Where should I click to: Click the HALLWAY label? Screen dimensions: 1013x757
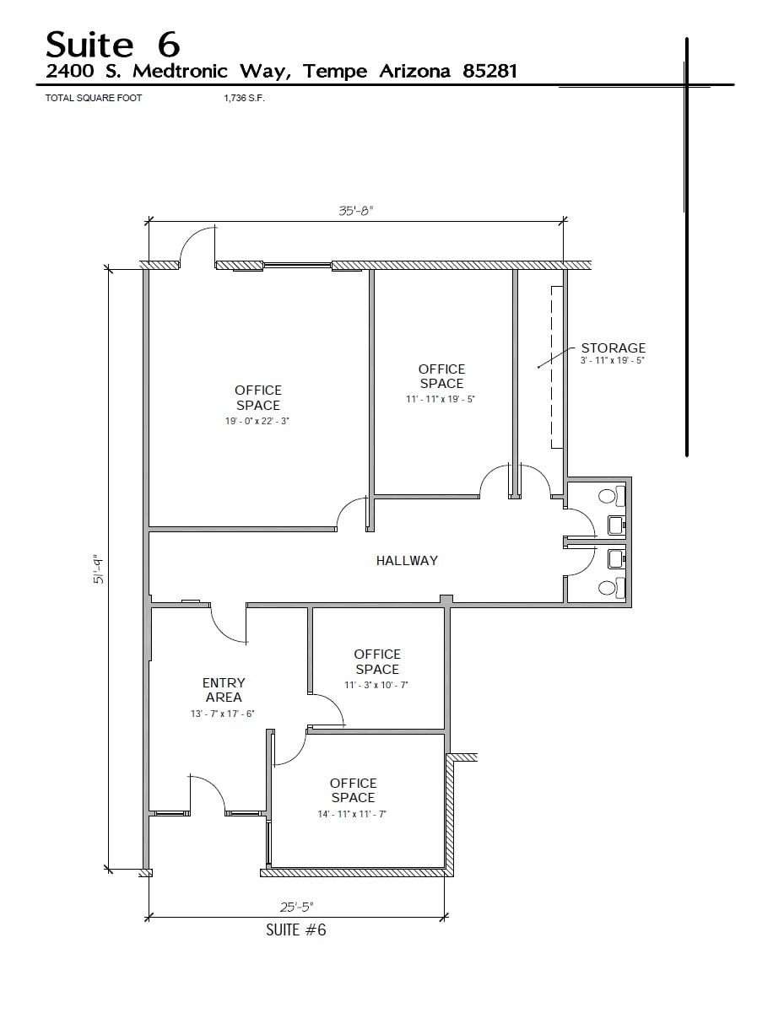[407, 560]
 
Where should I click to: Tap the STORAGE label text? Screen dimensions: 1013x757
[613, 348]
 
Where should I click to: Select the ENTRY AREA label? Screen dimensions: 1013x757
[224, 690]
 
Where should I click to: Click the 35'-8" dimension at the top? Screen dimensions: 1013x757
[355, 212]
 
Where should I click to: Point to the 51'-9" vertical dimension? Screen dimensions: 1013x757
[98, 568]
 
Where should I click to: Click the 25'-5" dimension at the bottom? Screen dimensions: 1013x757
[296, 907]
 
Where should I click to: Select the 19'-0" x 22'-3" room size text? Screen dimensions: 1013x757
[258, 420]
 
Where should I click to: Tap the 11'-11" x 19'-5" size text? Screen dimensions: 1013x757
[441, 399]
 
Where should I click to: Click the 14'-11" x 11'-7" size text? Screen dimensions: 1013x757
[353, 814]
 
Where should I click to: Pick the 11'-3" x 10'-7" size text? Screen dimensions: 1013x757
[376, 685]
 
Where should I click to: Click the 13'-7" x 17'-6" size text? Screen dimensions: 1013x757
[223, 714]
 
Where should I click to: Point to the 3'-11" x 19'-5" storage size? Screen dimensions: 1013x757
[613, 361]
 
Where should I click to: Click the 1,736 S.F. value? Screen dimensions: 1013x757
[240, 99]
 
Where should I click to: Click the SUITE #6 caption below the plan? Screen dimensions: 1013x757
[295, 930]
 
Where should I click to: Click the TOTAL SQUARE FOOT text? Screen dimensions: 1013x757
[94, 99]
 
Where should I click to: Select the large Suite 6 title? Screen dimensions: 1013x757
[112, 43]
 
